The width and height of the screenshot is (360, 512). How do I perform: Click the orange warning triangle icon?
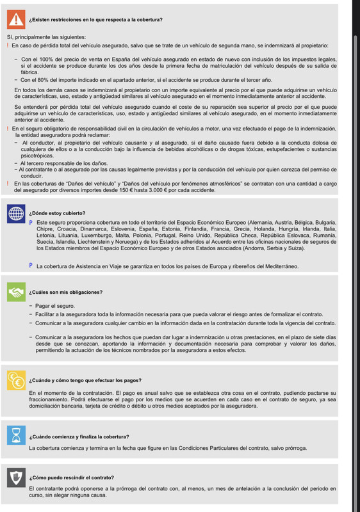pos(13,20)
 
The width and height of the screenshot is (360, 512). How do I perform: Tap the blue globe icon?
pos(13,213)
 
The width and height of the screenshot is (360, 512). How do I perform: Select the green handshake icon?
pos(13,292)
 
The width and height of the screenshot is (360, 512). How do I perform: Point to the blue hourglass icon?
pos(13,436)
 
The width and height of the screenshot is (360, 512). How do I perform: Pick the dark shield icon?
pos(13,477)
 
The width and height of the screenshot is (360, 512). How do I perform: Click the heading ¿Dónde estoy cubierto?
pos(57,213)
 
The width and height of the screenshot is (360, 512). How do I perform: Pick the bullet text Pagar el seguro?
pos(56,307)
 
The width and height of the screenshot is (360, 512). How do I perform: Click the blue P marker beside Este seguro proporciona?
pos(31,222)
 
